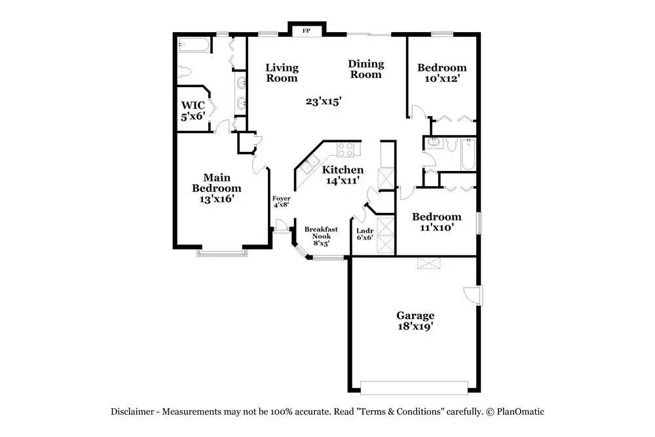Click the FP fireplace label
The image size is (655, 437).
point(306,31)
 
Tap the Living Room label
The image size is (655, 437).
point(282,73)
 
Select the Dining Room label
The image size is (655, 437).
point(365,69)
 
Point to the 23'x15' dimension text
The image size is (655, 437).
point(324,101)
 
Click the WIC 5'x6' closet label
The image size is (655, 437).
point(193,111)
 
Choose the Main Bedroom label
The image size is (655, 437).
point(216,188)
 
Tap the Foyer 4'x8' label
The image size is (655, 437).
point(281,201)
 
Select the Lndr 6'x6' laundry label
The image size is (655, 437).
point(364,234)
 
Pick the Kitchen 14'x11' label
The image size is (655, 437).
point(343,175)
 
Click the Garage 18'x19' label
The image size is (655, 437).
point(415,320)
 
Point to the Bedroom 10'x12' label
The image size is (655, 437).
point(442,73)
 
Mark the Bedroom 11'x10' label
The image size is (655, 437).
point(436,222)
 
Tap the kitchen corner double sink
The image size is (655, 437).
point(308,164)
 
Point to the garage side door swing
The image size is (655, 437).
point(471,295)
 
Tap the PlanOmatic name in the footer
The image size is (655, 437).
point(520,411)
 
